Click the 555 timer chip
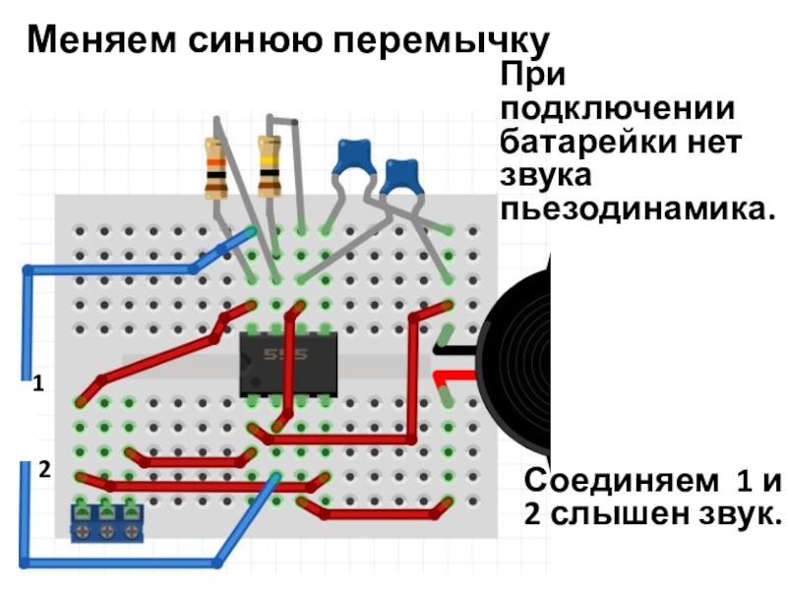288,363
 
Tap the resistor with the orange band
216,167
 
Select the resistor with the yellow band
270,166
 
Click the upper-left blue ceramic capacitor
354,158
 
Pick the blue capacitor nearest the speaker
400,177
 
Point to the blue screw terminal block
106,523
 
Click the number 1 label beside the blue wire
38,383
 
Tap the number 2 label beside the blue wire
44,470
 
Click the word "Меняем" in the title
102,39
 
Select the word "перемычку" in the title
441,41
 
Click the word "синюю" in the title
255,40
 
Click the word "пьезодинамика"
637,208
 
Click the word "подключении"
618,109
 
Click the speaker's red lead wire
454,378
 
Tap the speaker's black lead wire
454,350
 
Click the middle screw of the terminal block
106,532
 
